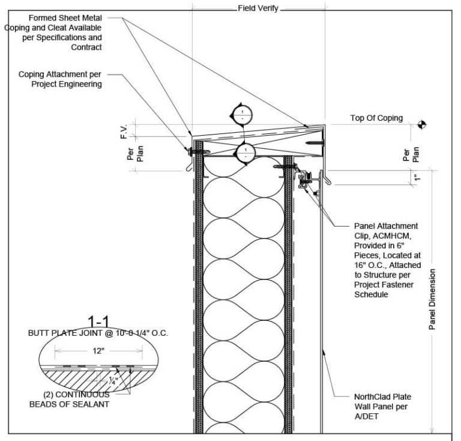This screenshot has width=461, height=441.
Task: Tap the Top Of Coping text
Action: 376,118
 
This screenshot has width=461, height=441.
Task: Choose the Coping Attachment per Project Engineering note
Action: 59,79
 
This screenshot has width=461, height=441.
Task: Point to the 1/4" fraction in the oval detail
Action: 112,380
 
